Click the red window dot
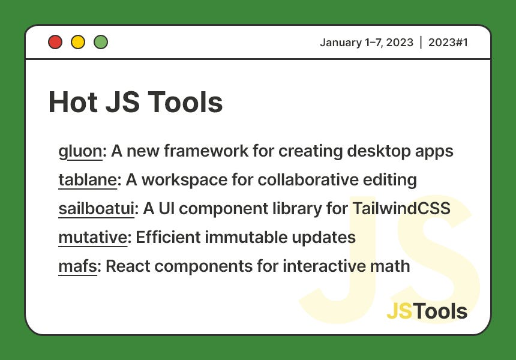point(55,42)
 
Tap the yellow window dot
point(78,42)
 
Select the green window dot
point(101,42)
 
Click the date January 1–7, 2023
point(366,42)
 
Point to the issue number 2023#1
point(448,42)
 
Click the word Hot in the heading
point(72,102)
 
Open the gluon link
point(80,151)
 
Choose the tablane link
point(88,180)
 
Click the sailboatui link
point(97,209)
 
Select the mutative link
point(92,238)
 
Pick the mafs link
point(77,266)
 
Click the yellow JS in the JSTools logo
point(400,311)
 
